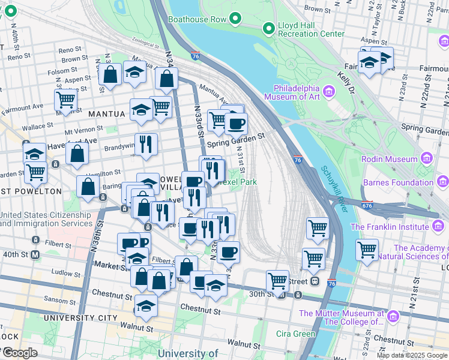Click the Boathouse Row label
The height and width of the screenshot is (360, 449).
(197, 19)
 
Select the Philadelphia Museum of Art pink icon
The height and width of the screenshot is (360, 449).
(328, 91)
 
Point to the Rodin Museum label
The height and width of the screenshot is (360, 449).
(389, 159)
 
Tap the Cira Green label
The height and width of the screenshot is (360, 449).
(295, 334)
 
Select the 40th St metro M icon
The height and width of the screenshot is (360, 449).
(35, 254)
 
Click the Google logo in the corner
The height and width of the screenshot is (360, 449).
(19, 352)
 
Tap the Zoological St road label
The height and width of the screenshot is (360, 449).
(142, 43)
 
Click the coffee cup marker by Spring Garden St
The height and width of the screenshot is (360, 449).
(236, 124)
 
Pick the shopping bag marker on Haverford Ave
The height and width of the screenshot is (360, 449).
(77, 154)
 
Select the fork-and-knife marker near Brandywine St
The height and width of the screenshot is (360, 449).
(146, 144)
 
